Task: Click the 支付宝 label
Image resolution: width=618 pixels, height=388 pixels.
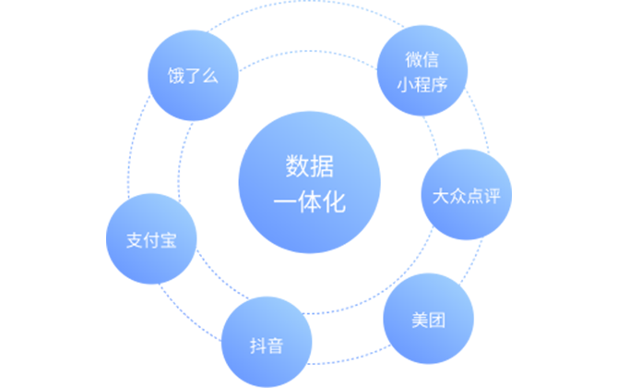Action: click(x=151, y=242)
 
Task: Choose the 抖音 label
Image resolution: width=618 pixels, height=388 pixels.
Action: click(x=267, y=346)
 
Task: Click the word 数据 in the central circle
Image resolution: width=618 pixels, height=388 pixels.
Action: click(x=309, y=168)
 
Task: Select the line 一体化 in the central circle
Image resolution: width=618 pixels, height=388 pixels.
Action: click(x=309, y=202)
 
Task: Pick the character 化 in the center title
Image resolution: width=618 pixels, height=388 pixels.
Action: click(x=334, y=202)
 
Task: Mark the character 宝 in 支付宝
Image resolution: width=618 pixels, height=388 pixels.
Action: click(x=168, y=242)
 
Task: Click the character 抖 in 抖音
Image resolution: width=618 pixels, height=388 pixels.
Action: click(x=258, y=346)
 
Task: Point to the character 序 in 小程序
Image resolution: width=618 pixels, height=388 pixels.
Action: click(x=439, y=84)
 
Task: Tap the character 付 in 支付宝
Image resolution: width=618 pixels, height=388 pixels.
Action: click(x=151, y=242)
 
